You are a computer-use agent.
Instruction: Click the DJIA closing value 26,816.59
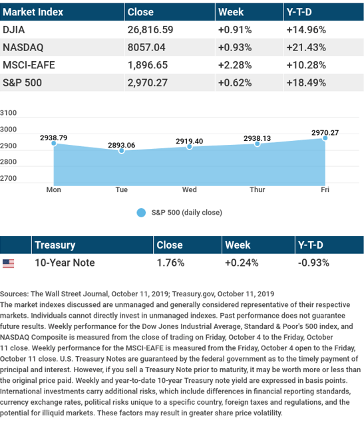pos(150,30)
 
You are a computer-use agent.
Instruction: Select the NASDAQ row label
pos(23,47)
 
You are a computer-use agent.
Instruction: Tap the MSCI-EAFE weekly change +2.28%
pos(235,65)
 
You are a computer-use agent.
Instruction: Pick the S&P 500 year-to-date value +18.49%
pos(306,82)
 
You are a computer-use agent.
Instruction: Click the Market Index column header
pos(33,12)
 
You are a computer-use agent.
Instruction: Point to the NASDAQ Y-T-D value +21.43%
pos(306,47)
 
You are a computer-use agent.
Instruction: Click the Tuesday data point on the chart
pos(122,150)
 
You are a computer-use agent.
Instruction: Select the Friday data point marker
pos(325,138)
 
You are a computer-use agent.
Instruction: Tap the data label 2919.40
pos(190,141)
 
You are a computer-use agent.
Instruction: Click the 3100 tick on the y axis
pos(8,113)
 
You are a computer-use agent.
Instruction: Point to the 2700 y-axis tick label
pos(8,178)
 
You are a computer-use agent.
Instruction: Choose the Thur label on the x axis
pos(258,189)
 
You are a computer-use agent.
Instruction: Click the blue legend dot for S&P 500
pos(141,213)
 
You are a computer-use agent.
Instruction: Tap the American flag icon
pos(8,263)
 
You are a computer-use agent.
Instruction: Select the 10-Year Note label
pos(65,263)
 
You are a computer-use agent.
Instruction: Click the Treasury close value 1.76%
pos(170,263)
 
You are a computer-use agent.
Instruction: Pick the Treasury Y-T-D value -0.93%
pos(313,263)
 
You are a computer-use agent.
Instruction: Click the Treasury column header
pos(55,245)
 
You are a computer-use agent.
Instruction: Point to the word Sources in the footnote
pos(14,294)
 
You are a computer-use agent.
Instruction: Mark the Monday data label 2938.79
pos(54,138)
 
